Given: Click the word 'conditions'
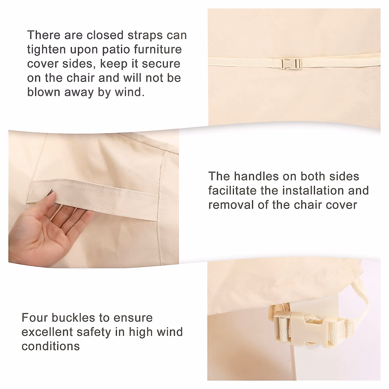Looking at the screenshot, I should [51, 346].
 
